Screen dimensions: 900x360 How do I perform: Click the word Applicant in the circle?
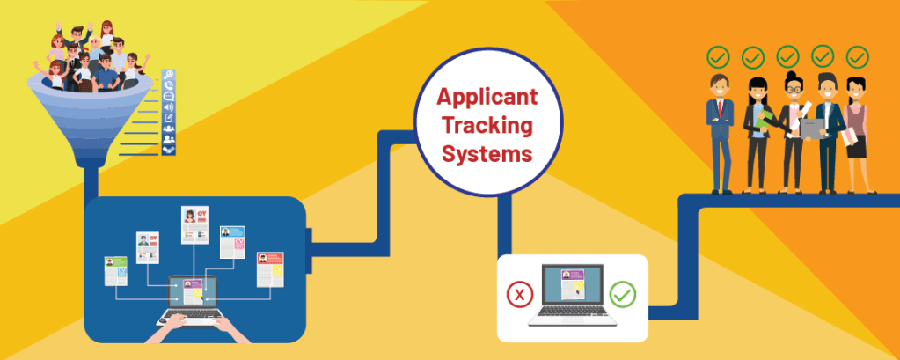[x=487, y=98]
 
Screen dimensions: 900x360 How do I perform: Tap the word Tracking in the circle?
[x=488, y=126]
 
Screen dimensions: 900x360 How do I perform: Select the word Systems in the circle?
[x=487, y=153]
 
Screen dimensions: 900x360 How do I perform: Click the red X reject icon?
[x=519, y=295]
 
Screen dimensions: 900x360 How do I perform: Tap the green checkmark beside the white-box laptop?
[x=623, y=295]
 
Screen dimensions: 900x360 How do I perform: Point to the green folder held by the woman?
[x=765, y=120]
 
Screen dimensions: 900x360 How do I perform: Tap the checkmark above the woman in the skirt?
[x=857, y=57]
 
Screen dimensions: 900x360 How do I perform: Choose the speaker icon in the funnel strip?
[x=169, y=107]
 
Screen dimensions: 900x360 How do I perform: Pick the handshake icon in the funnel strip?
[x=168, y=149]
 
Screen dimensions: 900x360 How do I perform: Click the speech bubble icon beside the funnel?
[x=169, y=96]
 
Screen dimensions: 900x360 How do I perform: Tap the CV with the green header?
[x=116, y=271]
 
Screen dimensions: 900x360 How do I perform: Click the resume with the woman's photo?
[x=194, y=224]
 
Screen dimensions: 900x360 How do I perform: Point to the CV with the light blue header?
[x=232, y=242]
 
